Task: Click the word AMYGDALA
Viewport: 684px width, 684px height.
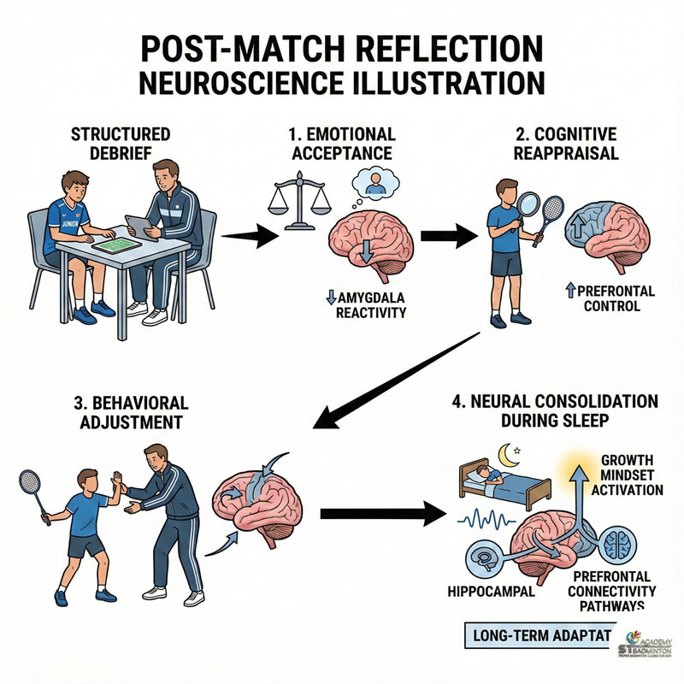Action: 373,296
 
